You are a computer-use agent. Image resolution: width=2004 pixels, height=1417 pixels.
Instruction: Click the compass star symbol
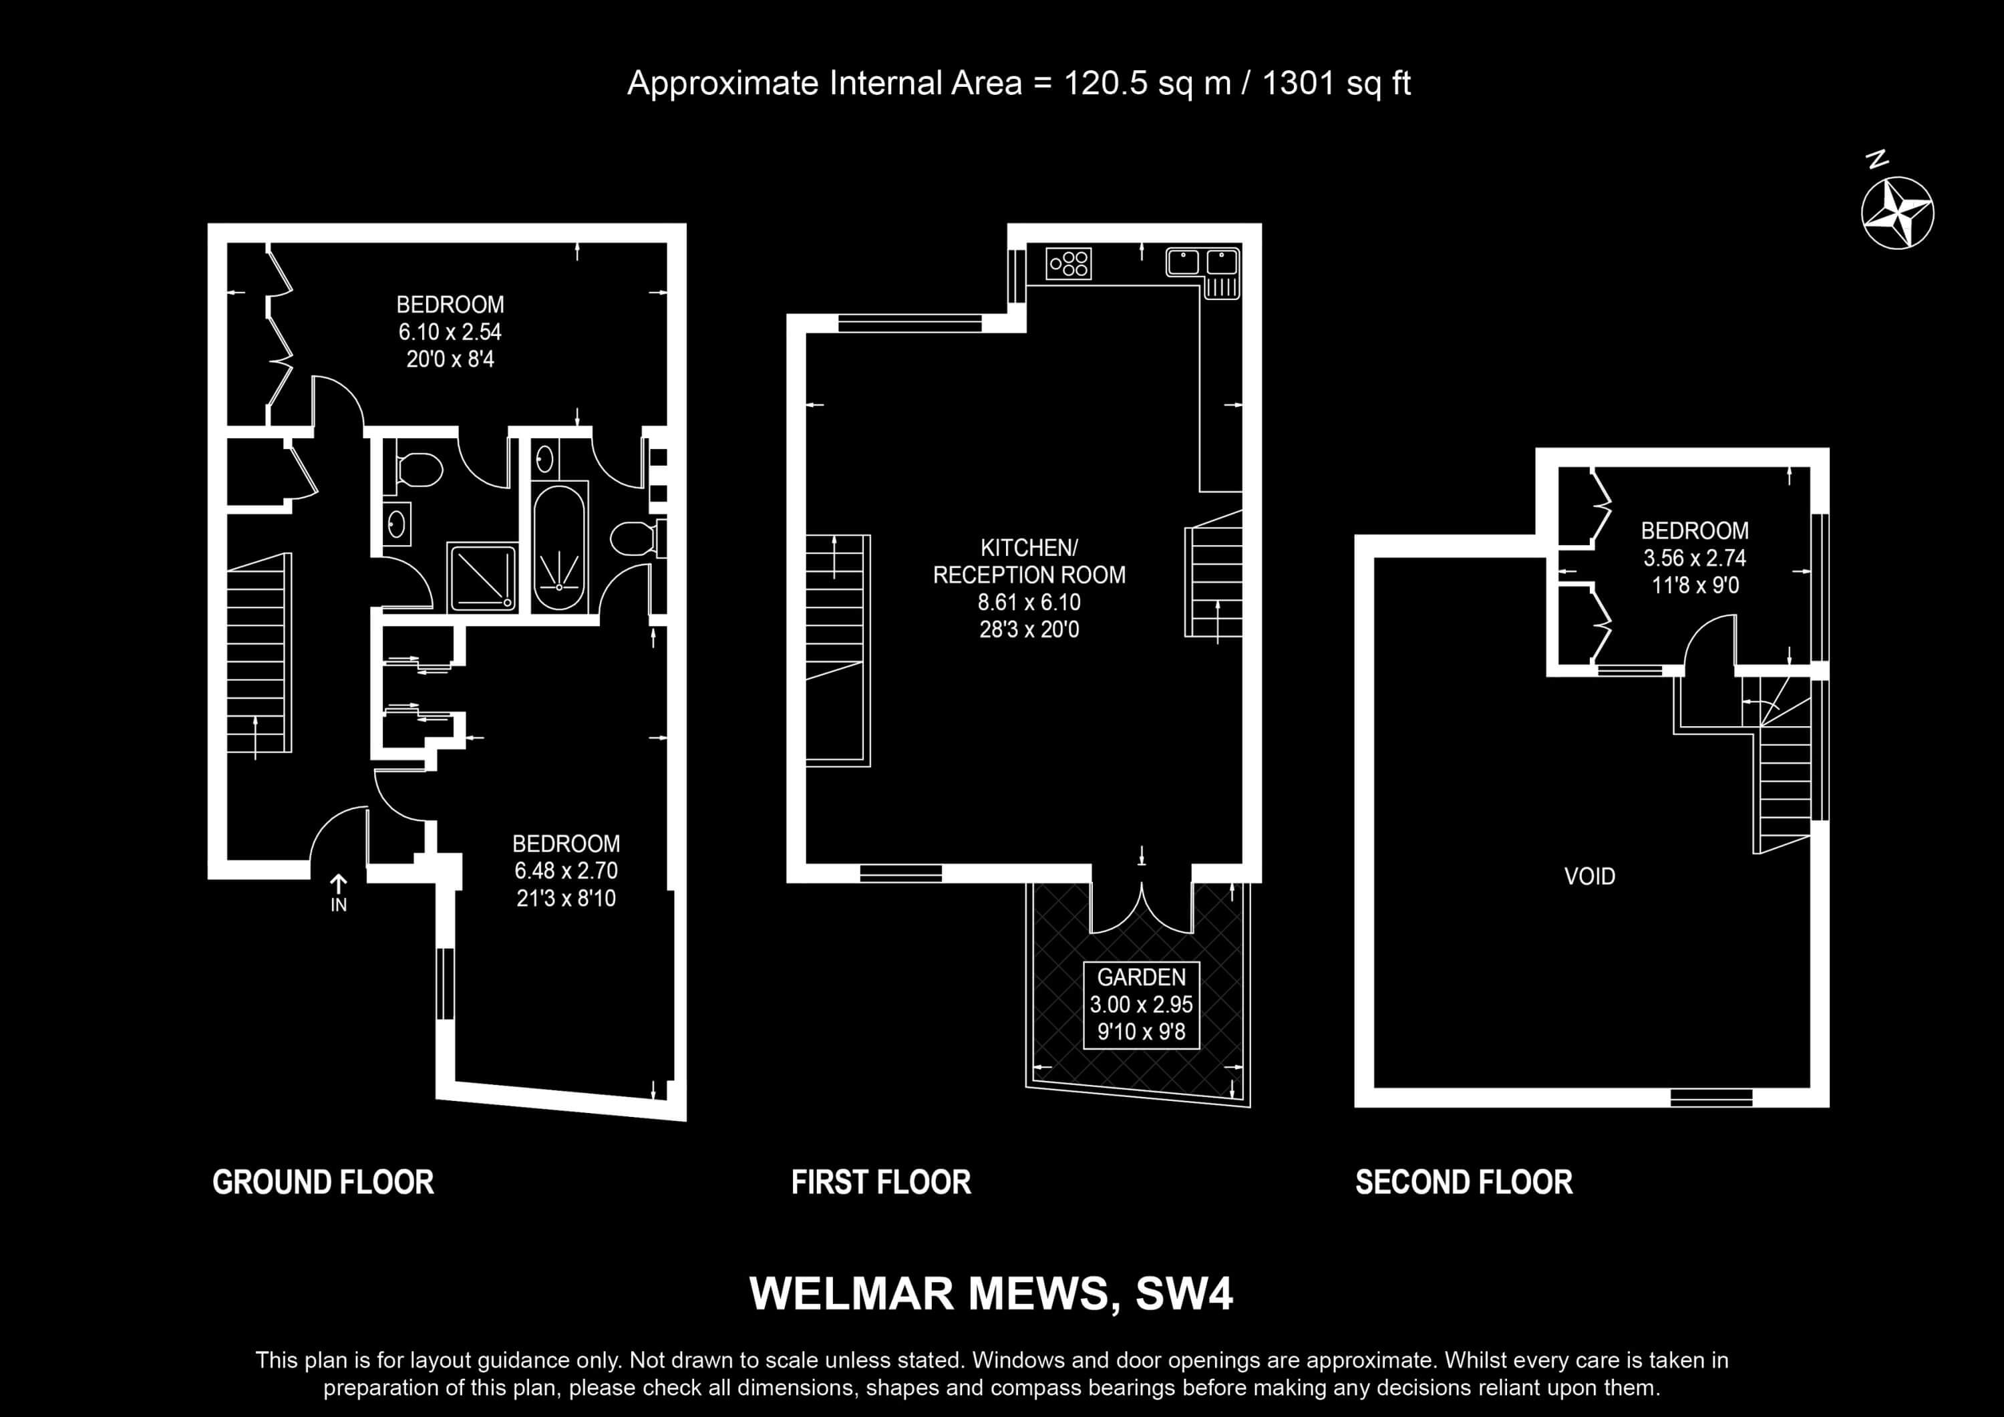coord(1898,213)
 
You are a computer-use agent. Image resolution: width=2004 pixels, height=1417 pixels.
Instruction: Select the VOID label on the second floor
coord(1589,876)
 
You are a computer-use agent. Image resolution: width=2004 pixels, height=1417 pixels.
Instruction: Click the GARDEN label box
coord(1141,1005)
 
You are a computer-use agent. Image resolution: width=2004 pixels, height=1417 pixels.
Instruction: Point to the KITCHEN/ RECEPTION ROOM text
coord(1029,561)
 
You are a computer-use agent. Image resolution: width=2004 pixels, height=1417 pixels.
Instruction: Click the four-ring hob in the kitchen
coord(1068,263)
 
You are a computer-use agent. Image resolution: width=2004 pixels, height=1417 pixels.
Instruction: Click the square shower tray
coord(482,577)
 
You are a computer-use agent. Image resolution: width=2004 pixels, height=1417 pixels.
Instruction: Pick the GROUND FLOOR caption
coord(323,1182)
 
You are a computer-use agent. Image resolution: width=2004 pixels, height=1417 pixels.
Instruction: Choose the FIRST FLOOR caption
coord(880,1182)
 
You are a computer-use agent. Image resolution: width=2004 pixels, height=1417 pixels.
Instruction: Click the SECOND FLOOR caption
coord(1464,1182)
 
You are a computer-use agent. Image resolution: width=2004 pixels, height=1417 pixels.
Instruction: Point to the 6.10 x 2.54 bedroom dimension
coord(450,332)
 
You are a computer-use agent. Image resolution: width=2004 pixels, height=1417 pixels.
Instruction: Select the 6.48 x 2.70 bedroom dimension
coord(566,871)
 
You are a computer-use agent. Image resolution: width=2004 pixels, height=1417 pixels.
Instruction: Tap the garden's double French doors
coord(1141,908)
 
